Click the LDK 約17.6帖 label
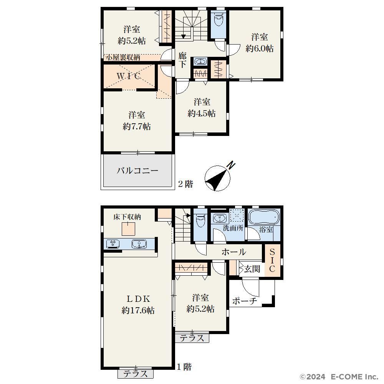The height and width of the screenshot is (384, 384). (138, 305)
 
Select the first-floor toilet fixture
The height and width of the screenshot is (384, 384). (200, 220)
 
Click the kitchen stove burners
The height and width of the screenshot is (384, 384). (113, 243)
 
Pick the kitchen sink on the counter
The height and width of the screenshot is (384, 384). (139, 244)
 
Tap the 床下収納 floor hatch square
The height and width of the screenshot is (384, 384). (128, 228)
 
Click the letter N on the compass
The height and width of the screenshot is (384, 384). (231, 166)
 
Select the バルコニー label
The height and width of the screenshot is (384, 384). (137, 170)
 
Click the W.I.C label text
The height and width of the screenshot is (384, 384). (128, 76)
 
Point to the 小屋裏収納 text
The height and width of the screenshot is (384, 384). (123, 58)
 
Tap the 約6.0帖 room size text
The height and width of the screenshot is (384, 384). (260, 48)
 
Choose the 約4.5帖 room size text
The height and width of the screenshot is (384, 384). (202, 113)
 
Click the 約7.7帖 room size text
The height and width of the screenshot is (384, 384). (137, 126)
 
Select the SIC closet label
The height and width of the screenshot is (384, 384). (272, 260)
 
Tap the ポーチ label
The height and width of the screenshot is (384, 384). (245, 301)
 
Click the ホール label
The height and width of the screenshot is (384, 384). (234, 252)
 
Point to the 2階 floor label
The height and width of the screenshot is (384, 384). (185, 184)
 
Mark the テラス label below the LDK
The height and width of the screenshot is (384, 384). (136, 374)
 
